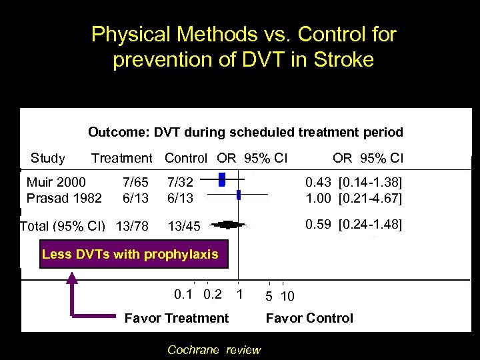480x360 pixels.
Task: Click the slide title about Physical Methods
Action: click(243, 47)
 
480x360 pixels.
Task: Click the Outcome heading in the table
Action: click(245, 132)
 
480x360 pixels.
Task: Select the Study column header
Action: click(48, 158)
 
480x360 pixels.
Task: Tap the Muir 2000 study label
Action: click(56, 181)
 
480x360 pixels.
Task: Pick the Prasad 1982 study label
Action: click(64, 198)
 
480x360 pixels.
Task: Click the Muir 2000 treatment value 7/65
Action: click(136, 181)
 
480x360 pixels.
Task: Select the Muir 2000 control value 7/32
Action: click(180, 181)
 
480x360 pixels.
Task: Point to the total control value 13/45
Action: click(183, 226)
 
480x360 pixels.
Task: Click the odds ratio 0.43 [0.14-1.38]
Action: click(353, 181)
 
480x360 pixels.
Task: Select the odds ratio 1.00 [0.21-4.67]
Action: click(353, 198)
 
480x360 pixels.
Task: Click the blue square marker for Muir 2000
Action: click(223, 179)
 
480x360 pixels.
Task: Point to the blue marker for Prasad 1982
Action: click(239, 195)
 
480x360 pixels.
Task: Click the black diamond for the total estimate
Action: click(227, 225)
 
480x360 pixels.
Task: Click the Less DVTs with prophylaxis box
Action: click(129, 254)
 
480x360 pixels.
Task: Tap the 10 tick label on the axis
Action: click(288, 295)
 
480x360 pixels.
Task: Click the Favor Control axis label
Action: click(309, 318)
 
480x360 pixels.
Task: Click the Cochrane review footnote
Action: click(214, 350)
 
